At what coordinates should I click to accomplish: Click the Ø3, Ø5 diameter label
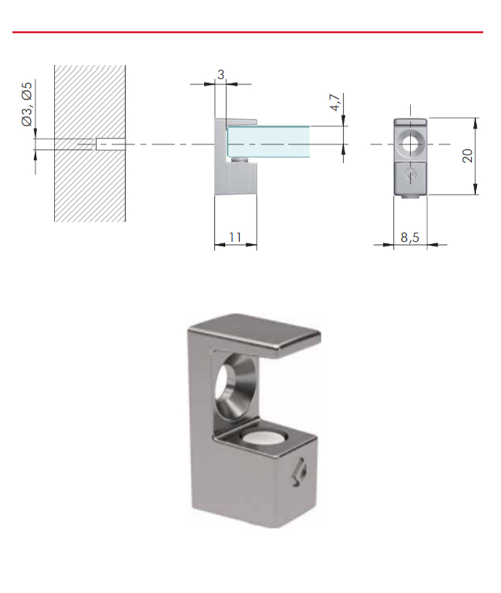(27, 105)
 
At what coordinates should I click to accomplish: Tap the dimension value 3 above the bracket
(221, 74)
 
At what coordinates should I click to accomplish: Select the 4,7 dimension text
(335, 103)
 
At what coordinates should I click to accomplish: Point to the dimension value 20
(468, 156)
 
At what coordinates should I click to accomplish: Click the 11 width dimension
(235, 237)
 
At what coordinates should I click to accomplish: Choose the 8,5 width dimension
(410, 238)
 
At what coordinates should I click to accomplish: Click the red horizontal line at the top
(248, 32)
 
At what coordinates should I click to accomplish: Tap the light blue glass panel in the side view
(268, 142)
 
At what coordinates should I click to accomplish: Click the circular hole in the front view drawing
(410, 144)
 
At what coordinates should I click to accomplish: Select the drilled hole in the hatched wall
(110, 144)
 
